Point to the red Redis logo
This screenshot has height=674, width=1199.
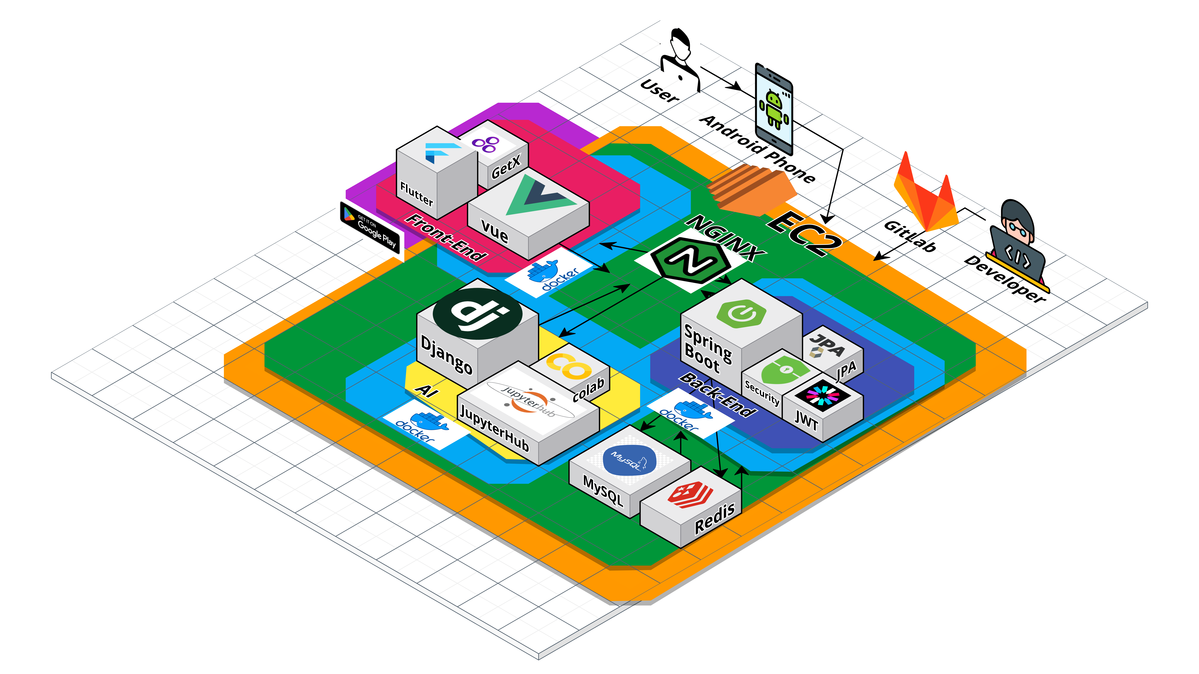(x=690, y=494)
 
